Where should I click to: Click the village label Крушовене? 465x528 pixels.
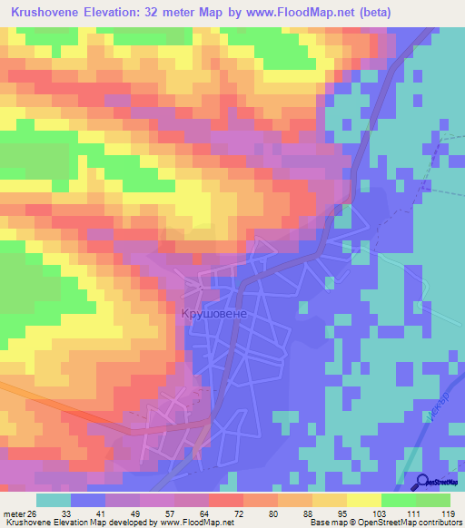(x=214, y=310)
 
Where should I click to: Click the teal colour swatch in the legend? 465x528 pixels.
(x=54, y=500)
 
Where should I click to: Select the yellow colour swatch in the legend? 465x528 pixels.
(x=330, y=500)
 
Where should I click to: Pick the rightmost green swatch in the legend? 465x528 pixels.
(x=433, y=500)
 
